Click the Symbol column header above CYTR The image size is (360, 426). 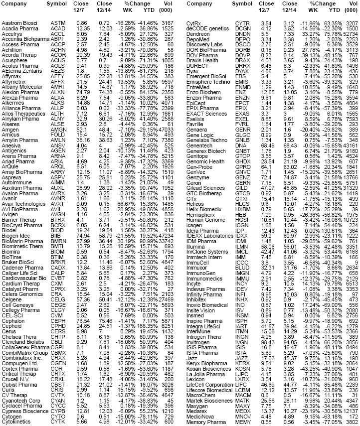[243, 4]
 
